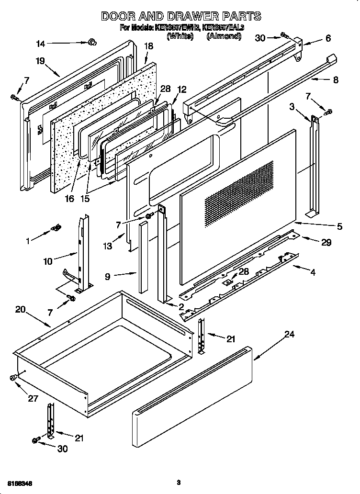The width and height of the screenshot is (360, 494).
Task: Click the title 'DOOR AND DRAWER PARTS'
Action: tap(181, 16)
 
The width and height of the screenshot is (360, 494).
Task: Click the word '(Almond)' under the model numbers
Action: tap(224, 35)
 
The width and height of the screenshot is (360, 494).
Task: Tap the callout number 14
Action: tap(41, 44)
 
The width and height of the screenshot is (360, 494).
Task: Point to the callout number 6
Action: tap(327, 38)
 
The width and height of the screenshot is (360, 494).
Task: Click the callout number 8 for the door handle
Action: tap(335, 80)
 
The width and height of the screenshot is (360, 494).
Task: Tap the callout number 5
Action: tap(339, 226)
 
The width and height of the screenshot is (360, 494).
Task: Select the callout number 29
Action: tap(326, 243)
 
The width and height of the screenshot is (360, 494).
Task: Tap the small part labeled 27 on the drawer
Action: tap(13, 378)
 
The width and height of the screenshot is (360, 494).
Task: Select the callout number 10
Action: tap(48, 261)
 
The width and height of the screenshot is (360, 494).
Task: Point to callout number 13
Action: tap(107, 246)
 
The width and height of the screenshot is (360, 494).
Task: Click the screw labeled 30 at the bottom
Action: tap(36, 440)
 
